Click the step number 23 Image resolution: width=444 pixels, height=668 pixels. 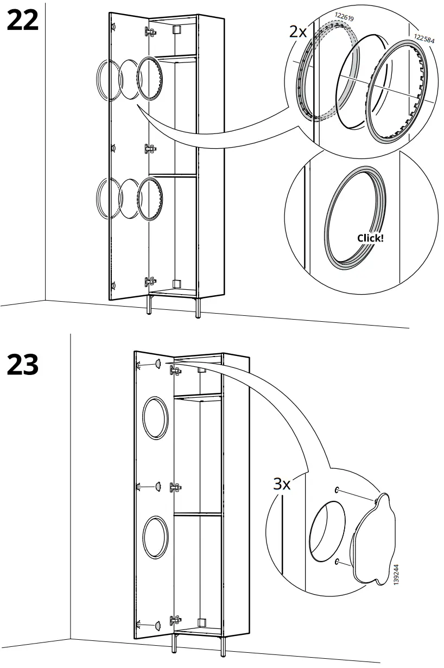pos(23,364)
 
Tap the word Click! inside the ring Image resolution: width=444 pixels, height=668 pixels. pos(370,238)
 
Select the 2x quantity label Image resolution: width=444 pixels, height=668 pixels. pos(297,31)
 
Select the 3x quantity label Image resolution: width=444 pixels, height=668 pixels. pos(282,483)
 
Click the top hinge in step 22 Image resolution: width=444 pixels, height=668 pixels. pos(150,32)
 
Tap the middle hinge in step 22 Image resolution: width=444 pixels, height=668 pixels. pos(150,149)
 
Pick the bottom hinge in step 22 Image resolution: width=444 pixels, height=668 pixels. pos(150,282)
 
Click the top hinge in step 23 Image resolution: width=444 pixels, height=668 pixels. pos(175,371)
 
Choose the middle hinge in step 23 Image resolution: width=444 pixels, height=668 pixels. pos(175,487)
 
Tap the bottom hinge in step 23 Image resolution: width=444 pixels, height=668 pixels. pos(175,620)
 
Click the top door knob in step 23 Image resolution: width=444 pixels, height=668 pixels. pos(157,364)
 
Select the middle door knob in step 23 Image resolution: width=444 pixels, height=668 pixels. pos(157,486)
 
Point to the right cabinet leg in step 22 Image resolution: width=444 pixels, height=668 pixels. pos(197,308)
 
